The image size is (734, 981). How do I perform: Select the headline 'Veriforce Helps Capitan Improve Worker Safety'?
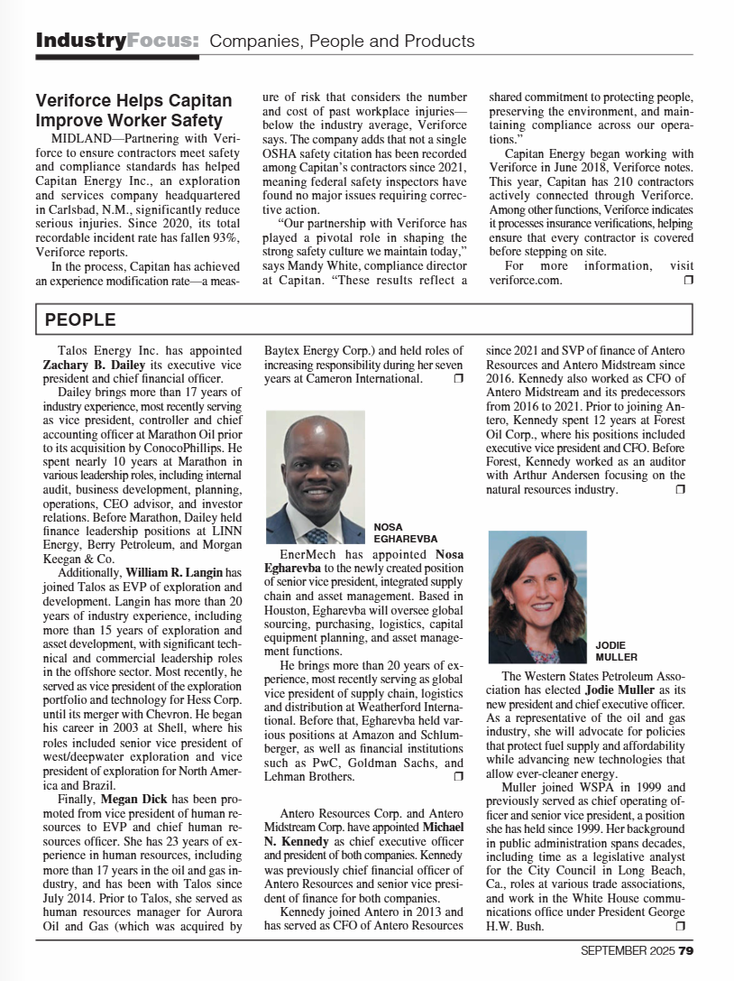[133, 110]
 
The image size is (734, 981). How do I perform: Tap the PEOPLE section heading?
[80, 319]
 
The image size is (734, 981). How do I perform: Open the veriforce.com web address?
[526, 280]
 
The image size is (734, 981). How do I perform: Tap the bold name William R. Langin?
[170, 572]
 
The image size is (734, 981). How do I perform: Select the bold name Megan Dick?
[133, 799]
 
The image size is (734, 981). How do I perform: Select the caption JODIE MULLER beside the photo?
[617, 651]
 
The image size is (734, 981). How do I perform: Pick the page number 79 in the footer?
[686, 950]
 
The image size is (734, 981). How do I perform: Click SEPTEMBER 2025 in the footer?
[628, 950]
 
